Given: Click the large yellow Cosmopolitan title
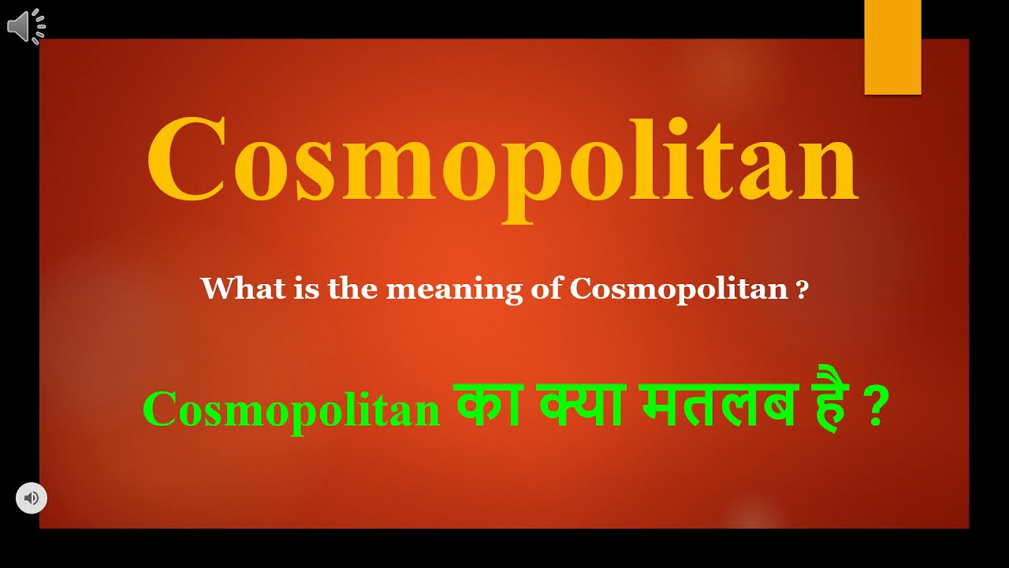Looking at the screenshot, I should pyautogui.click(x=502, y=162).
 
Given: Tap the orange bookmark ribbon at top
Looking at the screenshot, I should pyautogui.click(x=892, y=47).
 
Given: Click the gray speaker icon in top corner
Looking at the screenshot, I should pyautogui.click(x=26, y=28).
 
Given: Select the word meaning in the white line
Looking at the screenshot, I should pyautogui.click(x=453, y=290).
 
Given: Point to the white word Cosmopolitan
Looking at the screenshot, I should pyautogui.click(x=679, y=290).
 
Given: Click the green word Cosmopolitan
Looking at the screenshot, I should pyautogui.click(x=291, y=411).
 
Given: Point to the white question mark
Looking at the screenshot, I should pyautogui.click(x=802, y=290).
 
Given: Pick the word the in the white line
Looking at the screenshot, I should pyautogui.click(x=354, y=289).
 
